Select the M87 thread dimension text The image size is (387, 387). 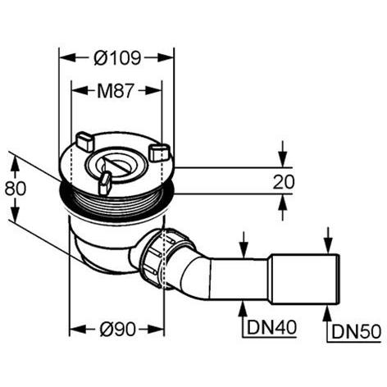point(118,89)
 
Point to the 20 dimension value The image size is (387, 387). point(284,182)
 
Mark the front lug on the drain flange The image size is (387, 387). point(104,183)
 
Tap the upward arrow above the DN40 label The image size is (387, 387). point(244,310)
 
